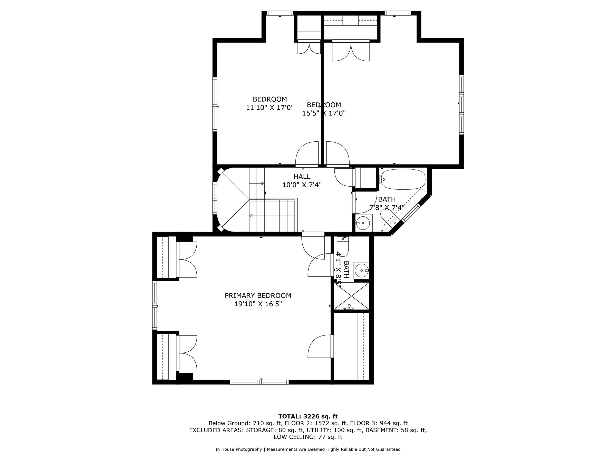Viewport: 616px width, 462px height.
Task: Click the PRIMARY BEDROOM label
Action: pos(258,295)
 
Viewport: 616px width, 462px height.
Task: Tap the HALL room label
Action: pos(302,177)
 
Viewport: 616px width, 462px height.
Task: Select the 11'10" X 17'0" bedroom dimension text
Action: pos(269,108)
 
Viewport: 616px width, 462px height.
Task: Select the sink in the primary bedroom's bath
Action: pos(361,270)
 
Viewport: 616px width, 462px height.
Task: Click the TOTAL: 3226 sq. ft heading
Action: pos(308,417)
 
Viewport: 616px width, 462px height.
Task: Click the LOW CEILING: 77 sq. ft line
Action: pos(308,437)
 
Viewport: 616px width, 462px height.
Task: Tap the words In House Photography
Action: pos(238,449)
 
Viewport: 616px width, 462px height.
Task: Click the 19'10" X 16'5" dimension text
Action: pos(258,304)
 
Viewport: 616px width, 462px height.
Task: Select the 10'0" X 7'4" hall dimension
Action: pos(302,185)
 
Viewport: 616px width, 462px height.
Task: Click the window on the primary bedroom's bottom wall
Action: pos(259,382)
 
